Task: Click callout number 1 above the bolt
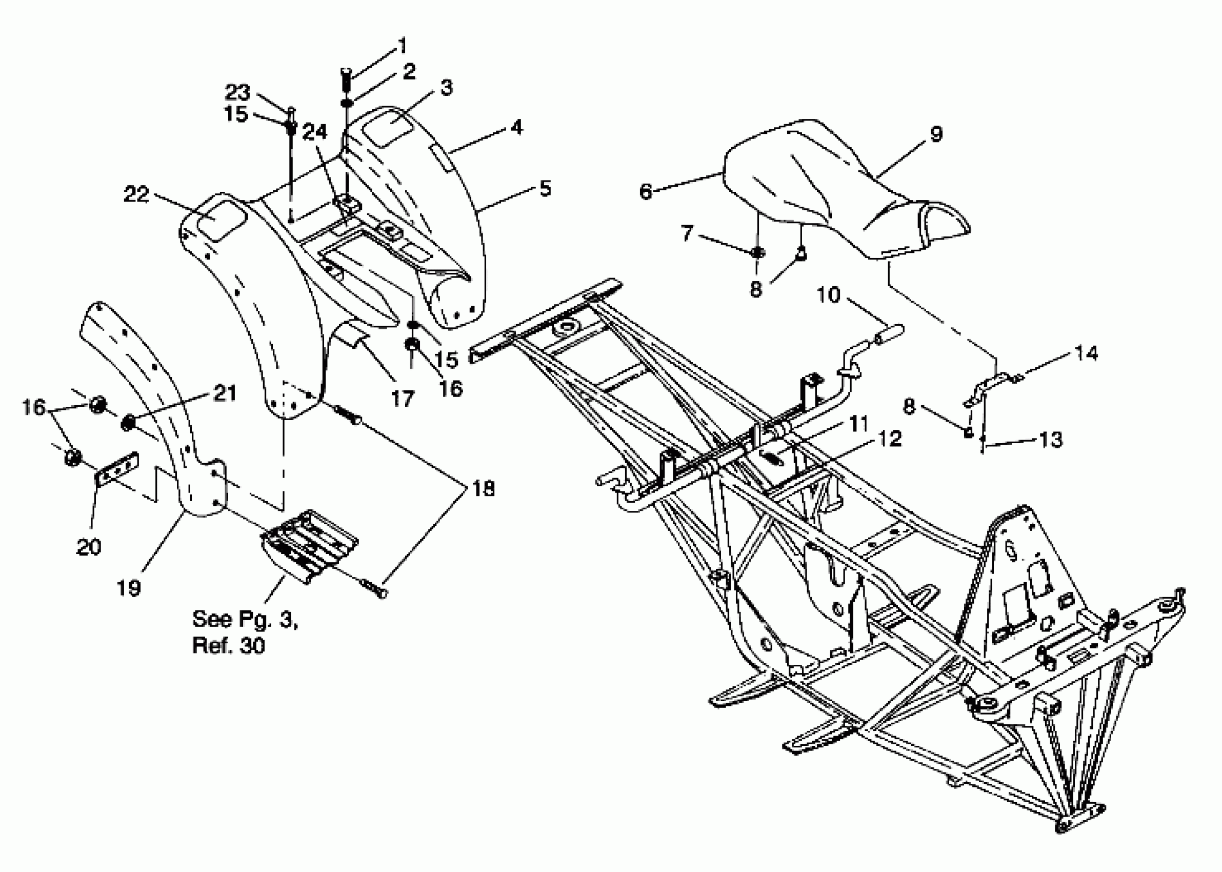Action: [403, 46]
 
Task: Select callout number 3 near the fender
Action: [446, 87]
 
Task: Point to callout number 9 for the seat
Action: [935, 133]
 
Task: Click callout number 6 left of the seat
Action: [646, 191]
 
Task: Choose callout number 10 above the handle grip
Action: [828, 295]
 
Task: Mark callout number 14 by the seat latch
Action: [1086, 353]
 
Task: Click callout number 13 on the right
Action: [1050, 440]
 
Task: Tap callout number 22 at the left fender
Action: [136, 194]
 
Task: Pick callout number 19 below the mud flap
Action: [129, 588]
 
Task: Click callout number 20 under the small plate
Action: [89, 547]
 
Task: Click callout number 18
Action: [483, 489]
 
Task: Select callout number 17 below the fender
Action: [403, 399]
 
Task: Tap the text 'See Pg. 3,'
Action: [245, 619]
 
